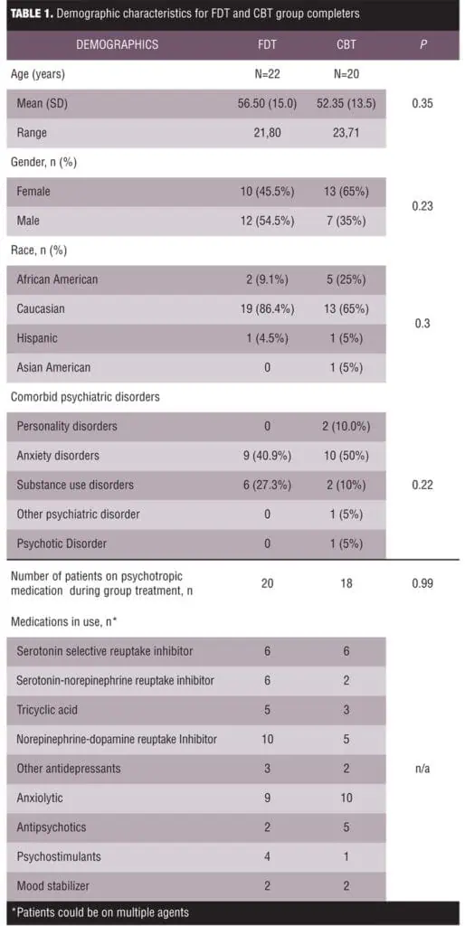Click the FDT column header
pyautogui.click(x=267, y=44)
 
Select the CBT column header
pyautogui.click(x=346, y=44)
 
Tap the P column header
pyautogui.click(x=422, y=44)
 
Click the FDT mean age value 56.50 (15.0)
pyautogui.click(x=267, y=104)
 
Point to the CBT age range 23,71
pyautogui.click(x=346, y=133)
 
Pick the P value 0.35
pyautogui.click(x=422, y=104)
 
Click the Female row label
pyautogui.click(x=33, y=192)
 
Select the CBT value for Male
pyautogui.click(x=346, y=221)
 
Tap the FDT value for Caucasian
pyautogui.click(x=267, y=308)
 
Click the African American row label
pyautogui.click(x=57, y=279)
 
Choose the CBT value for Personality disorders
pyautogui.click(x=346, y=426)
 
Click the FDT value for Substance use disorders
pyautogui.click(x=267, y=485)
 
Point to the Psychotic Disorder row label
pyautogui.click(x=62, y=543)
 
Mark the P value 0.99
pyautogui.click(x=422, y=583)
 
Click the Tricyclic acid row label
pyautogui.click(x=47, y=709)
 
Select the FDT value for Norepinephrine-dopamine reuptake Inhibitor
pyautogui.click(x=267, y=739)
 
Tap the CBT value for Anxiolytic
pyautogui.click(x=346, y=798)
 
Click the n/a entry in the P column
pyautogui.click(x=422, y=769)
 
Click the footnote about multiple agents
pyautogui.click(x=100, y=912)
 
